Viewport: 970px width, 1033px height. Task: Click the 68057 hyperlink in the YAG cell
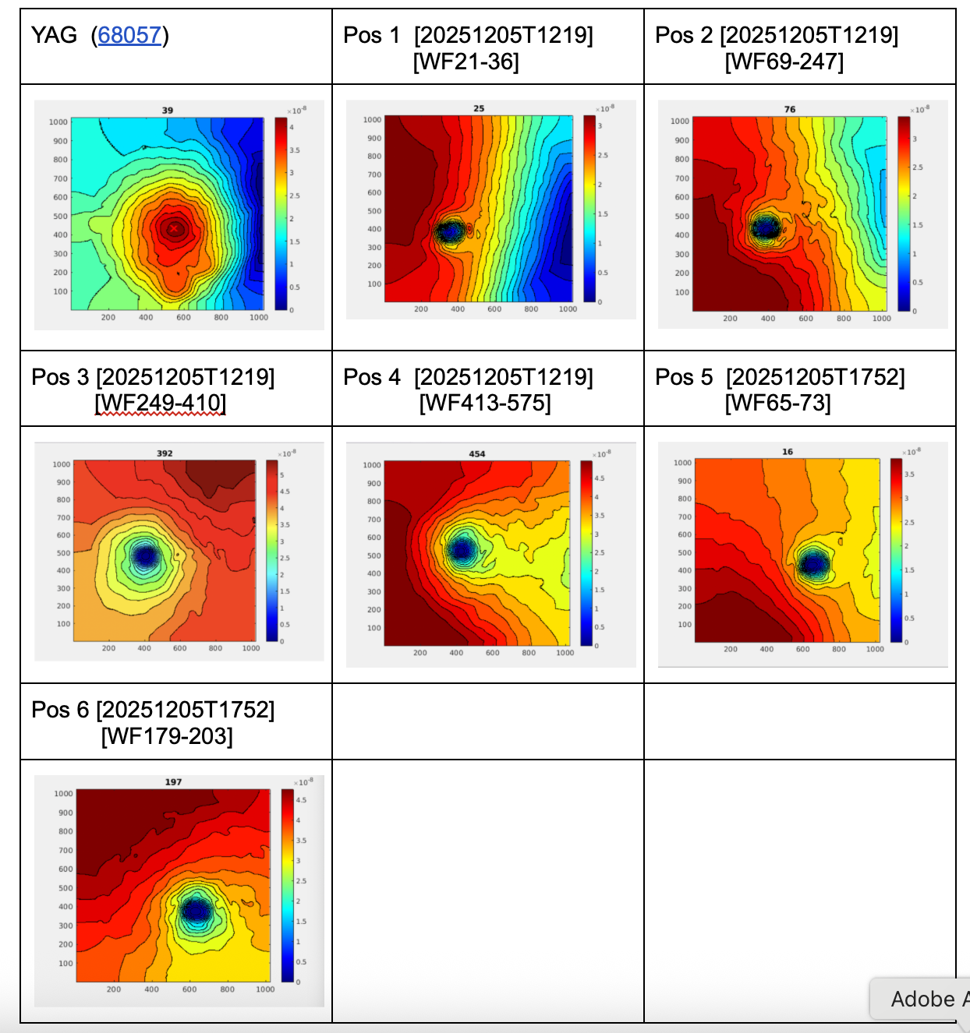[x=129, y=35]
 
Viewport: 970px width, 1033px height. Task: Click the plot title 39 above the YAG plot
[x=168, y=111]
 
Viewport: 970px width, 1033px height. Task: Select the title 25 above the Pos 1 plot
[x=479, y=108]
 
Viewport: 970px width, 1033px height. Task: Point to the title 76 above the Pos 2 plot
[x=790, y=109]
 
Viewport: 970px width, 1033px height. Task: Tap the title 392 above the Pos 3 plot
[x=165, y=453]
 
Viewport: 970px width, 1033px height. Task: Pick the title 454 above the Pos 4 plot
[x=477, y=453]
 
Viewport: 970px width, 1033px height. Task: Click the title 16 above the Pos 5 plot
[x=788, y=452]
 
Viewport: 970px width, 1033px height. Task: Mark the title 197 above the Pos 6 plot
[x=173, y=781]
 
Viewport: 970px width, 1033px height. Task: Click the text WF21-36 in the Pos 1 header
[x=466, y=62]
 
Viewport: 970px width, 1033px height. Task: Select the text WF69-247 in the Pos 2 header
[x=784, y=62]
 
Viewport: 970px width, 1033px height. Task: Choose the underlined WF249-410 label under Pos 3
[x=161, y=403]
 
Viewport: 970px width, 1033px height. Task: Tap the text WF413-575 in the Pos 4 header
[x=485, y=403]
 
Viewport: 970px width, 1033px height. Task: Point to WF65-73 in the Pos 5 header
[x=778, y=403]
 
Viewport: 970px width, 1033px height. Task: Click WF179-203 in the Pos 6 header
[x=167, y=735]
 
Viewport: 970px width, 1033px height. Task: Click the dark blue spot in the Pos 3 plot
[x=145, y=555]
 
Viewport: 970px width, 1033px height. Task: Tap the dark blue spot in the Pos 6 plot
[x=195, y=909]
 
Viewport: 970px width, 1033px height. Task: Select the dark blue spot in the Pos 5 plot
[x=814, y=562]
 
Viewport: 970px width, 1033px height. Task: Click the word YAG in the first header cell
[x=54, y=35]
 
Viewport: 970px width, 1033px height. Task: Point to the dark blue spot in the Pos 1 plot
[x=450, y=231]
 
